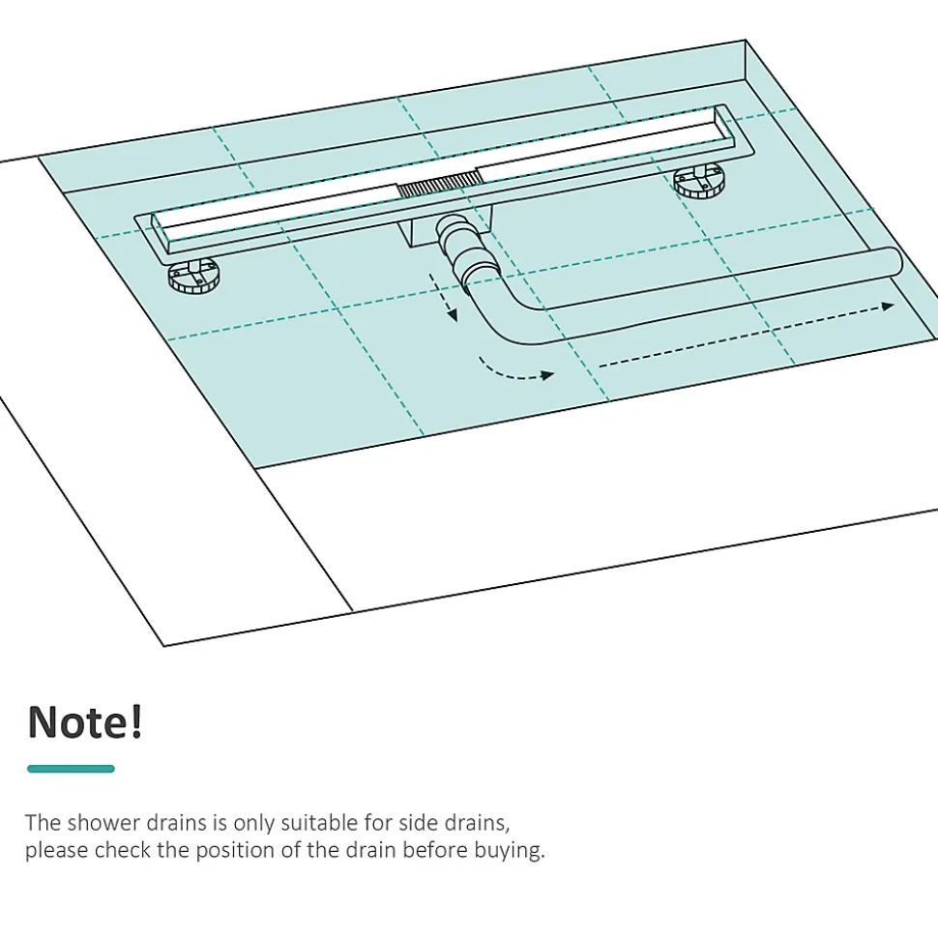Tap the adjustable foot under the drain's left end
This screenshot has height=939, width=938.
[x=193, y=276]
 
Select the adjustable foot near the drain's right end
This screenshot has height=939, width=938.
[x=699, y=181]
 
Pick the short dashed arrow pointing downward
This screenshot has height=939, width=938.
[x=443, y=298]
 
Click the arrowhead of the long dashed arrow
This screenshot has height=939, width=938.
[x=888, y=307]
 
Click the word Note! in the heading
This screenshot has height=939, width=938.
[x=85, y=722]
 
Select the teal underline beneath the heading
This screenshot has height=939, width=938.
[x=71, y=769]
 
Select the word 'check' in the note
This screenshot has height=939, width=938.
[x=122, y=850]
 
